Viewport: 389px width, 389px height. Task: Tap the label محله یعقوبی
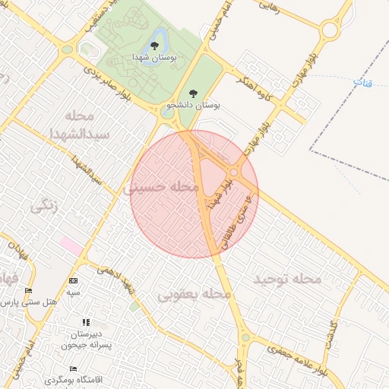pos(194,293)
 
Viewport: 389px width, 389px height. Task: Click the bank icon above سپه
pos(73,280)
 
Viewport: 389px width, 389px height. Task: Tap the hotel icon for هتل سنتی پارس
pos(29,291)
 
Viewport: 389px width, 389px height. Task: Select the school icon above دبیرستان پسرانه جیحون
pos(85,323)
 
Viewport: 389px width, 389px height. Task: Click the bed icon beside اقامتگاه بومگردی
pos(73,368)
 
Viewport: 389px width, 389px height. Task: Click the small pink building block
pos(72,246)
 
